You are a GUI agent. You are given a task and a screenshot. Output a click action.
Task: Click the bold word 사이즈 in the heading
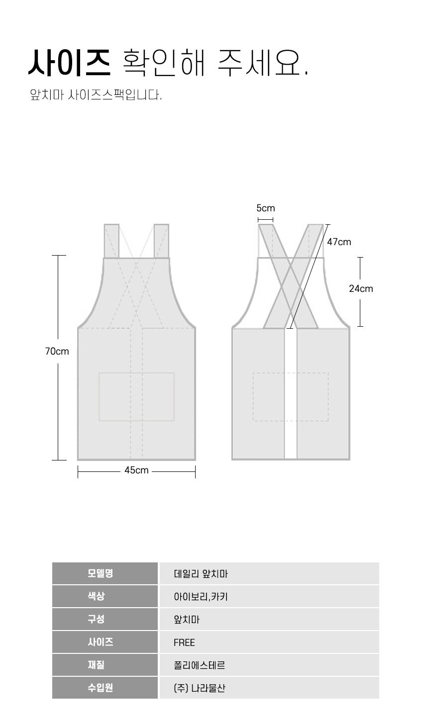pyautogui.click(x=70, y=63)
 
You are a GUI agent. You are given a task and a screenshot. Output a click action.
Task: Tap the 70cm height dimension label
pyautogui.click(x=57, y=351)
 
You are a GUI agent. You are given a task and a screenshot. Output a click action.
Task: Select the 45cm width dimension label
pyautogui.click(x=136, y=470)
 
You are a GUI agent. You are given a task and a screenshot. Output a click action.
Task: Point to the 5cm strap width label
pyautogui.click(x=266, y=208)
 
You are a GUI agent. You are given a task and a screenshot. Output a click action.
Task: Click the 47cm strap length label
pyautogui.click(x=339, y=242)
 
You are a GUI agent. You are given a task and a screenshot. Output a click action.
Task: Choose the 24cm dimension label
pyautogui.click(x=361, y=288)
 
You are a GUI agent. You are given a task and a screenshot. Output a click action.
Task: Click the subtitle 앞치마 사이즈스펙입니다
pyautogui.click(x=96, y=95)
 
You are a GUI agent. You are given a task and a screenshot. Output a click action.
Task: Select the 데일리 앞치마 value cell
pyautogui.click(x=201, y=574)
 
